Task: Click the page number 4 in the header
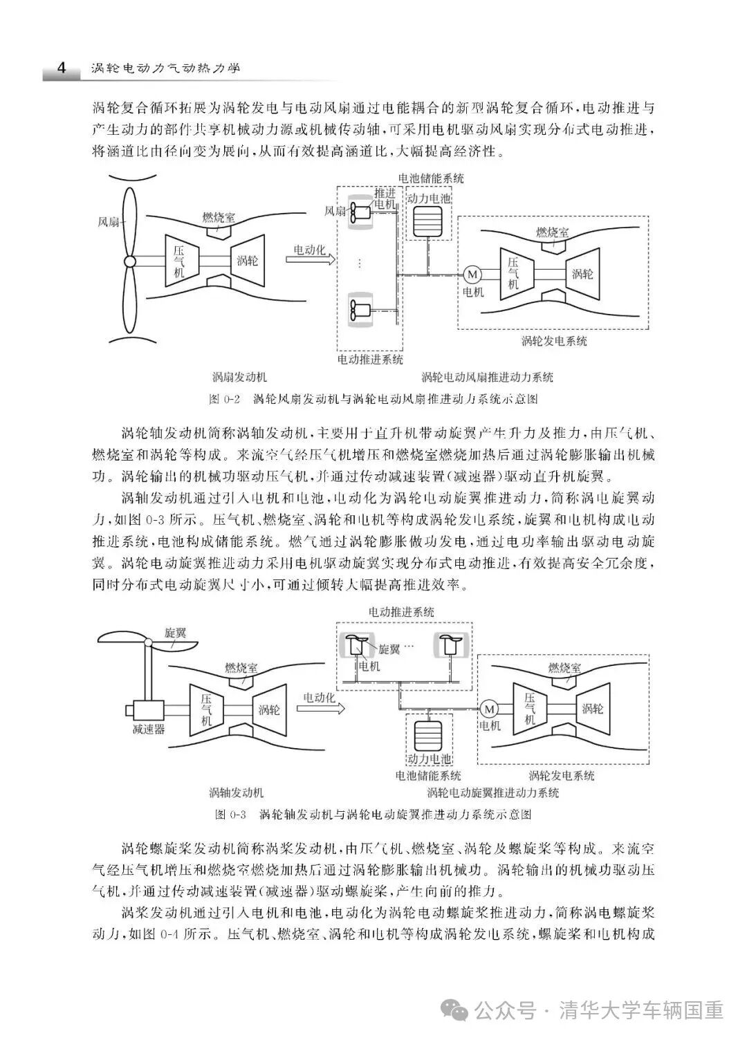pos(61,69)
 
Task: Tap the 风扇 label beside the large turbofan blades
pos(109,222)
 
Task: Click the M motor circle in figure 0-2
pos(473,274)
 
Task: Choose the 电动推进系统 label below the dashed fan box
pos(370,360)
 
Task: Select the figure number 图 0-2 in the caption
pos(223,400)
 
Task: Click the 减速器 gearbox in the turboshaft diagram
pos(147,710)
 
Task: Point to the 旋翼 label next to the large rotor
pos(176,633)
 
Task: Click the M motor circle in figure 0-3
pos(490,709)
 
